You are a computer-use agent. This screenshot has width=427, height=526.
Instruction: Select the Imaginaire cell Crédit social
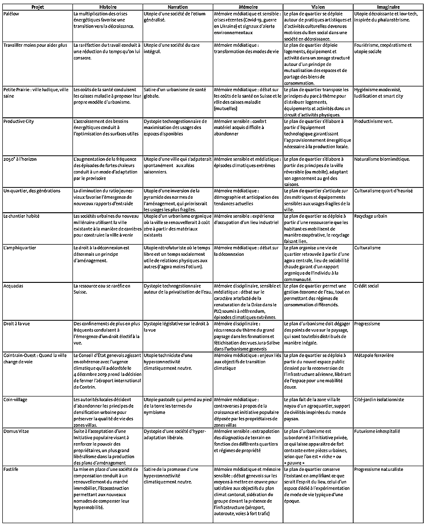coord(367,286)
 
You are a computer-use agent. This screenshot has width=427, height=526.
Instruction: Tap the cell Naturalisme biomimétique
coord(382,159)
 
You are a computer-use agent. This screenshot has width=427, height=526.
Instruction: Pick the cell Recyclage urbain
coord(370,216)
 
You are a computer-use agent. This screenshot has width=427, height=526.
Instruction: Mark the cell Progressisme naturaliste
coord(378,469)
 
